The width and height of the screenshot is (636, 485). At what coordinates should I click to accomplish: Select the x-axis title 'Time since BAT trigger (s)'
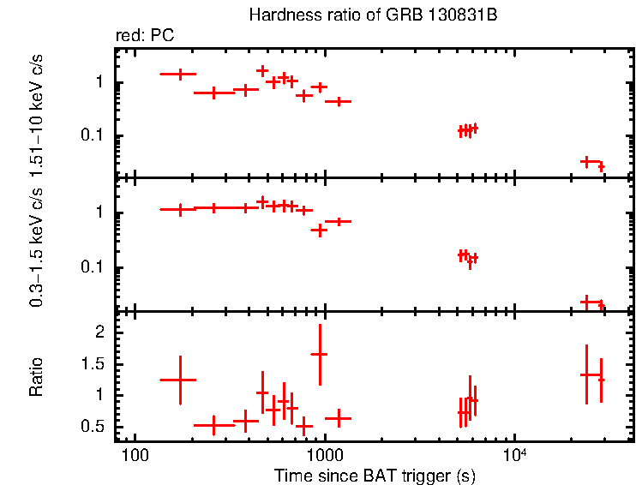pos(375,475)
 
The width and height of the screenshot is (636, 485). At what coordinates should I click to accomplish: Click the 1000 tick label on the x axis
pos(324,453)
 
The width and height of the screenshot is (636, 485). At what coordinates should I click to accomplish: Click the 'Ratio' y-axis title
pos(36,377)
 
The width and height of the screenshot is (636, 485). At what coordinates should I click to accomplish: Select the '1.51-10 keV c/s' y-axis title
pos(36,112)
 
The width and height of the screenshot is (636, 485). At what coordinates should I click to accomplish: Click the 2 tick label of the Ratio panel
pos(99,332)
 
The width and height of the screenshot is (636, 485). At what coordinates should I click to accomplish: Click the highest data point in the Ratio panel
pos(320,354)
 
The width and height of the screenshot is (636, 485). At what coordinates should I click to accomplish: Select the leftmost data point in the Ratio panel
pos(179,379)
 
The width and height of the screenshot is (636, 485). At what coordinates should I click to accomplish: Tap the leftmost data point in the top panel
pos(179,75)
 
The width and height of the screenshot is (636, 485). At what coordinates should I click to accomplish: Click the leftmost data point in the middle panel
pos(179,209)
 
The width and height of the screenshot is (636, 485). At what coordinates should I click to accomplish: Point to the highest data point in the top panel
pos(262,70)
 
